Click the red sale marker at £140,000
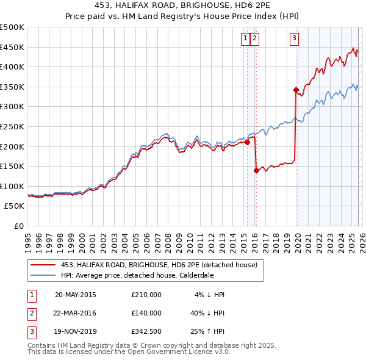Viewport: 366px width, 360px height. coord(256,171)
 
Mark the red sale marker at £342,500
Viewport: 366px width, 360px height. coord(296,90)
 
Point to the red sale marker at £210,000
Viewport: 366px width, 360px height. coord(247,143)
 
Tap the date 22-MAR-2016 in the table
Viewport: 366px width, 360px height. coord(76,313)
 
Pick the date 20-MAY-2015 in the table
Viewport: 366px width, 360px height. coord(76,295)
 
